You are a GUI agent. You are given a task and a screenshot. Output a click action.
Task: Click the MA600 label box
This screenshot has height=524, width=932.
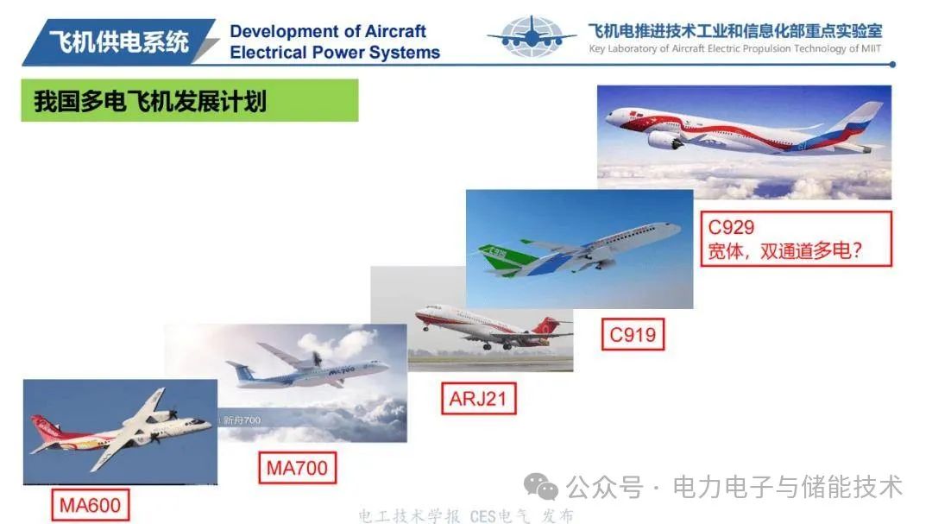click(91, 505)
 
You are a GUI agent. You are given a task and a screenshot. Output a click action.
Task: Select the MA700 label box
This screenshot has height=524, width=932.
click(297, 468)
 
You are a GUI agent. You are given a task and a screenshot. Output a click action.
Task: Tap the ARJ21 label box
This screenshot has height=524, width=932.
click(478, 398)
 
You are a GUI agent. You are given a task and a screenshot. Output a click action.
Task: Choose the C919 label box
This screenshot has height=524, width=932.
click(633, 334)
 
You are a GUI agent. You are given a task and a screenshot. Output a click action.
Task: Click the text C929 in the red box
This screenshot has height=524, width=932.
click(731, 227)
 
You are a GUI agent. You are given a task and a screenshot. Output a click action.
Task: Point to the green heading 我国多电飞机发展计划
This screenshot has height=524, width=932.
click(190, 100)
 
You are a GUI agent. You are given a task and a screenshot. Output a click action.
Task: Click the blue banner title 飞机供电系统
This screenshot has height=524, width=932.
click(119, 41)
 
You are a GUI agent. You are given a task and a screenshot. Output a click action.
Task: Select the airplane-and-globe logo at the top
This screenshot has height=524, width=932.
click(532, 37)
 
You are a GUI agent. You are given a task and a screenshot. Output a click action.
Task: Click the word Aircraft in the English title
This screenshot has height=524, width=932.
click(395, 31)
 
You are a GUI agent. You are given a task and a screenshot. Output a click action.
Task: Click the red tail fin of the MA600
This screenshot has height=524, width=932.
click(45, 427)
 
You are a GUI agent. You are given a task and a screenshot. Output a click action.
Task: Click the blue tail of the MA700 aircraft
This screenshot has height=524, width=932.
click(243, 372)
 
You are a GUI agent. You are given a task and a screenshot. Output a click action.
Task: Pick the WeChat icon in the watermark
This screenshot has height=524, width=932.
click(540, 487)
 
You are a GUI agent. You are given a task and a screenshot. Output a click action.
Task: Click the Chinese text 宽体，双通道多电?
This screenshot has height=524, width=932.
click(784, 251)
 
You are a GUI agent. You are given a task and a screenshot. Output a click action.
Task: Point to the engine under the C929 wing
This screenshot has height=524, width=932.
click(664, 141)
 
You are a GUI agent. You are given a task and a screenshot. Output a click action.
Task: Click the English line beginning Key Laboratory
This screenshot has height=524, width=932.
click(734, 48)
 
